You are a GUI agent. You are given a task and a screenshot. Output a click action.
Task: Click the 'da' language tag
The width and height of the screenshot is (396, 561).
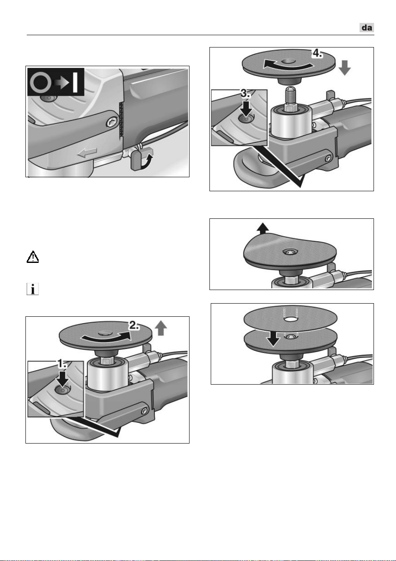(367, 28)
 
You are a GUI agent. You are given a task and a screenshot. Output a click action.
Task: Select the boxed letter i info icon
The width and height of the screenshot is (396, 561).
(33, 289)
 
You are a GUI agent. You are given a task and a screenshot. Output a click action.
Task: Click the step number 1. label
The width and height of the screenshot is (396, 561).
(63, 364)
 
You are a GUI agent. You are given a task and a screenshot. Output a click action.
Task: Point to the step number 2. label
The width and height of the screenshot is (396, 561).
(134, 326)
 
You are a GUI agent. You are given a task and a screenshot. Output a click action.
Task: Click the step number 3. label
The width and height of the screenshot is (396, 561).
(245, 94)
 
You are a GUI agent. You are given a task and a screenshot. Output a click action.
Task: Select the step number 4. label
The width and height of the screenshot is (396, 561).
(317, 53)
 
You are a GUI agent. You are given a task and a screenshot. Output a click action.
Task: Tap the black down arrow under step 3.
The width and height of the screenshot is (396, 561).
(246, 109)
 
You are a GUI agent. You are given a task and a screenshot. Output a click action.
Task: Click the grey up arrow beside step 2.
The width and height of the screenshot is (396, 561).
(161, 329)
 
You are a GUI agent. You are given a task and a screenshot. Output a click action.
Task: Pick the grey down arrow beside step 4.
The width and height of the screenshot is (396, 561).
(345, 67)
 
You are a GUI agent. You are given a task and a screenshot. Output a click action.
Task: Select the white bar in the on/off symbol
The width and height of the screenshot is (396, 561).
(75, 82)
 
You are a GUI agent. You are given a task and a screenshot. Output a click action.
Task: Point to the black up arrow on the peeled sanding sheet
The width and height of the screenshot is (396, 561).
(263, 228)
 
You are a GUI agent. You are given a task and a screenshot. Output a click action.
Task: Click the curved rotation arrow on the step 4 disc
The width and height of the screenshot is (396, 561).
(288, 65)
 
